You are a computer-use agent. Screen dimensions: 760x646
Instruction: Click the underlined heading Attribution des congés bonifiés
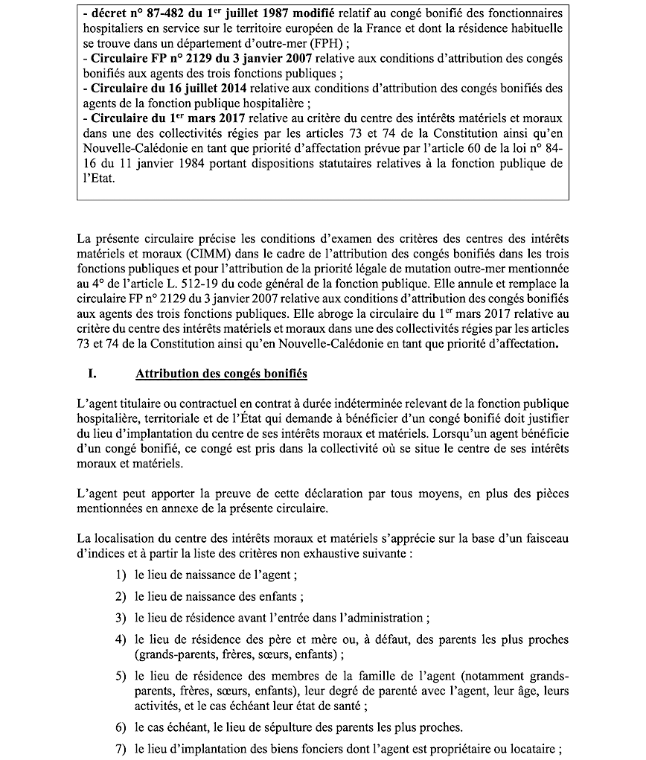tap(221, 374)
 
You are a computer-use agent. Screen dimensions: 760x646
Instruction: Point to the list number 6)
tap(121, 727)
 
